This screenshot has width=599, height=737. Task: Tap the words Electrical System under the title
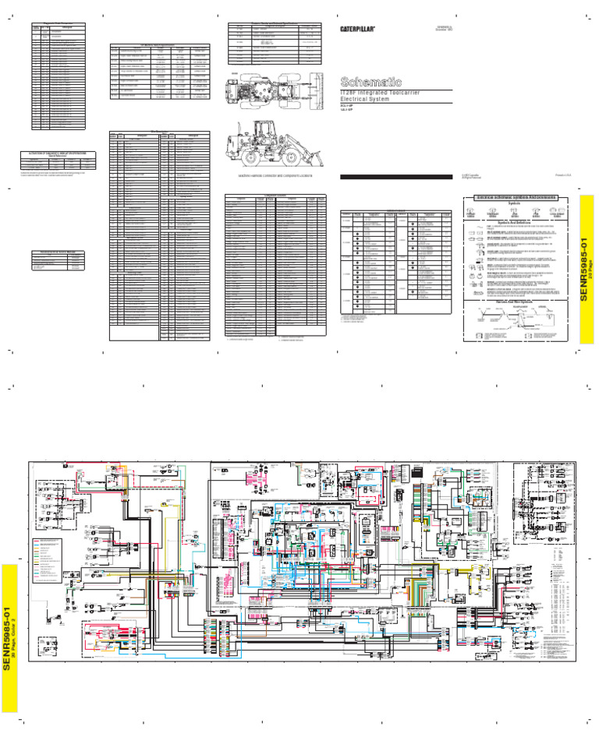(367, 100)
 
